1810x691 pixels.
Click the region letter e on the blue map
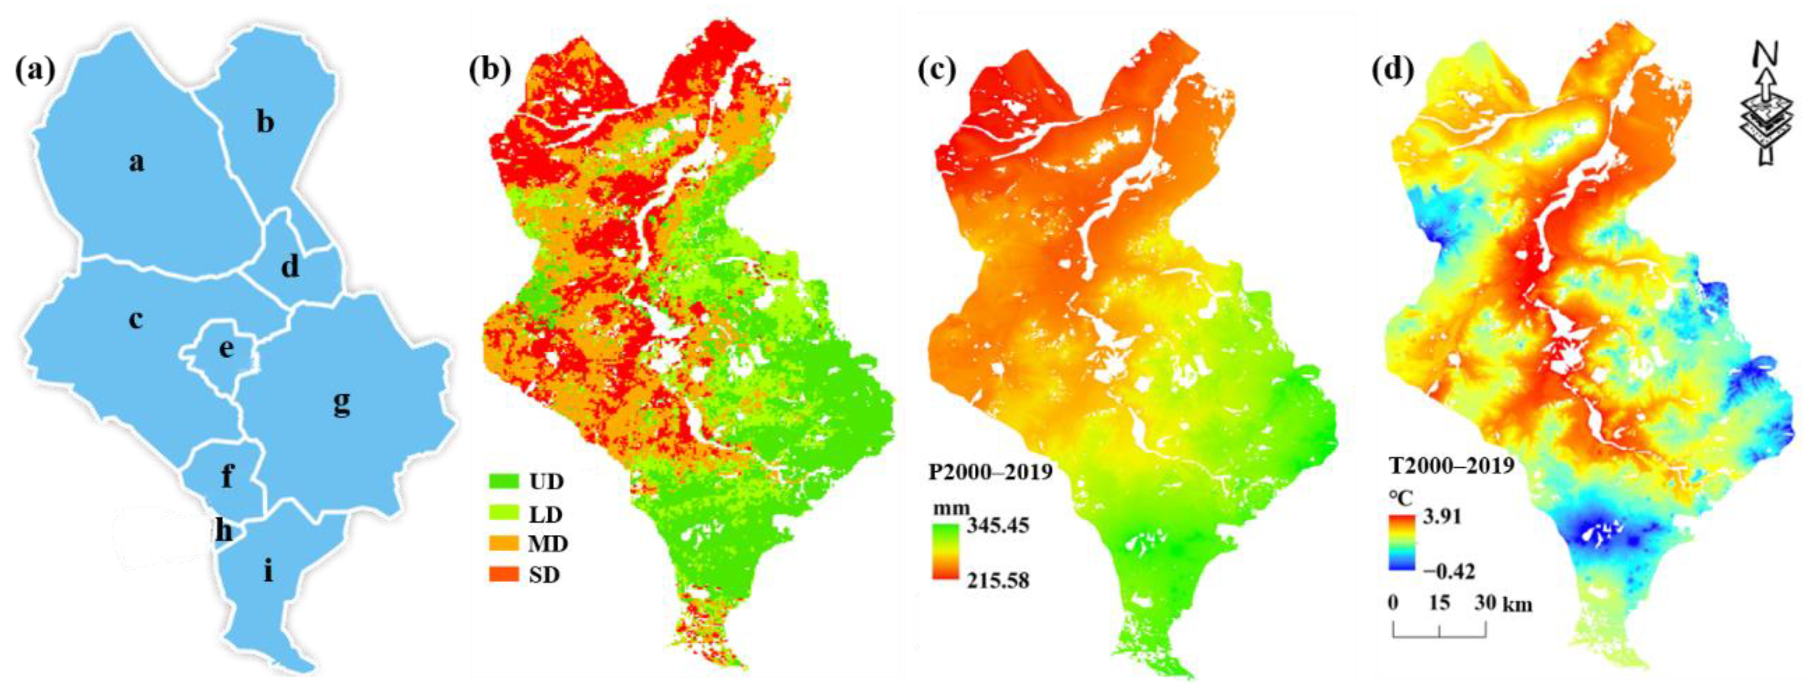pos(226,347)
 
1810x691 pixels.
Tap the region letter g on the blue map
pos(342,402)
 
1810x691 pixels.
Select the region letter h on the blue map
pos(223,531)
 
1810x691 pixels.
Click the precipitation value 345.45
pos(998,525)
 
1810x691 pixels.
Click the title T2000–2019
pos(1451,466)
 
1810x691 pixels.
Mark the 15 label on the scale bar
pos(1439,602)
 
